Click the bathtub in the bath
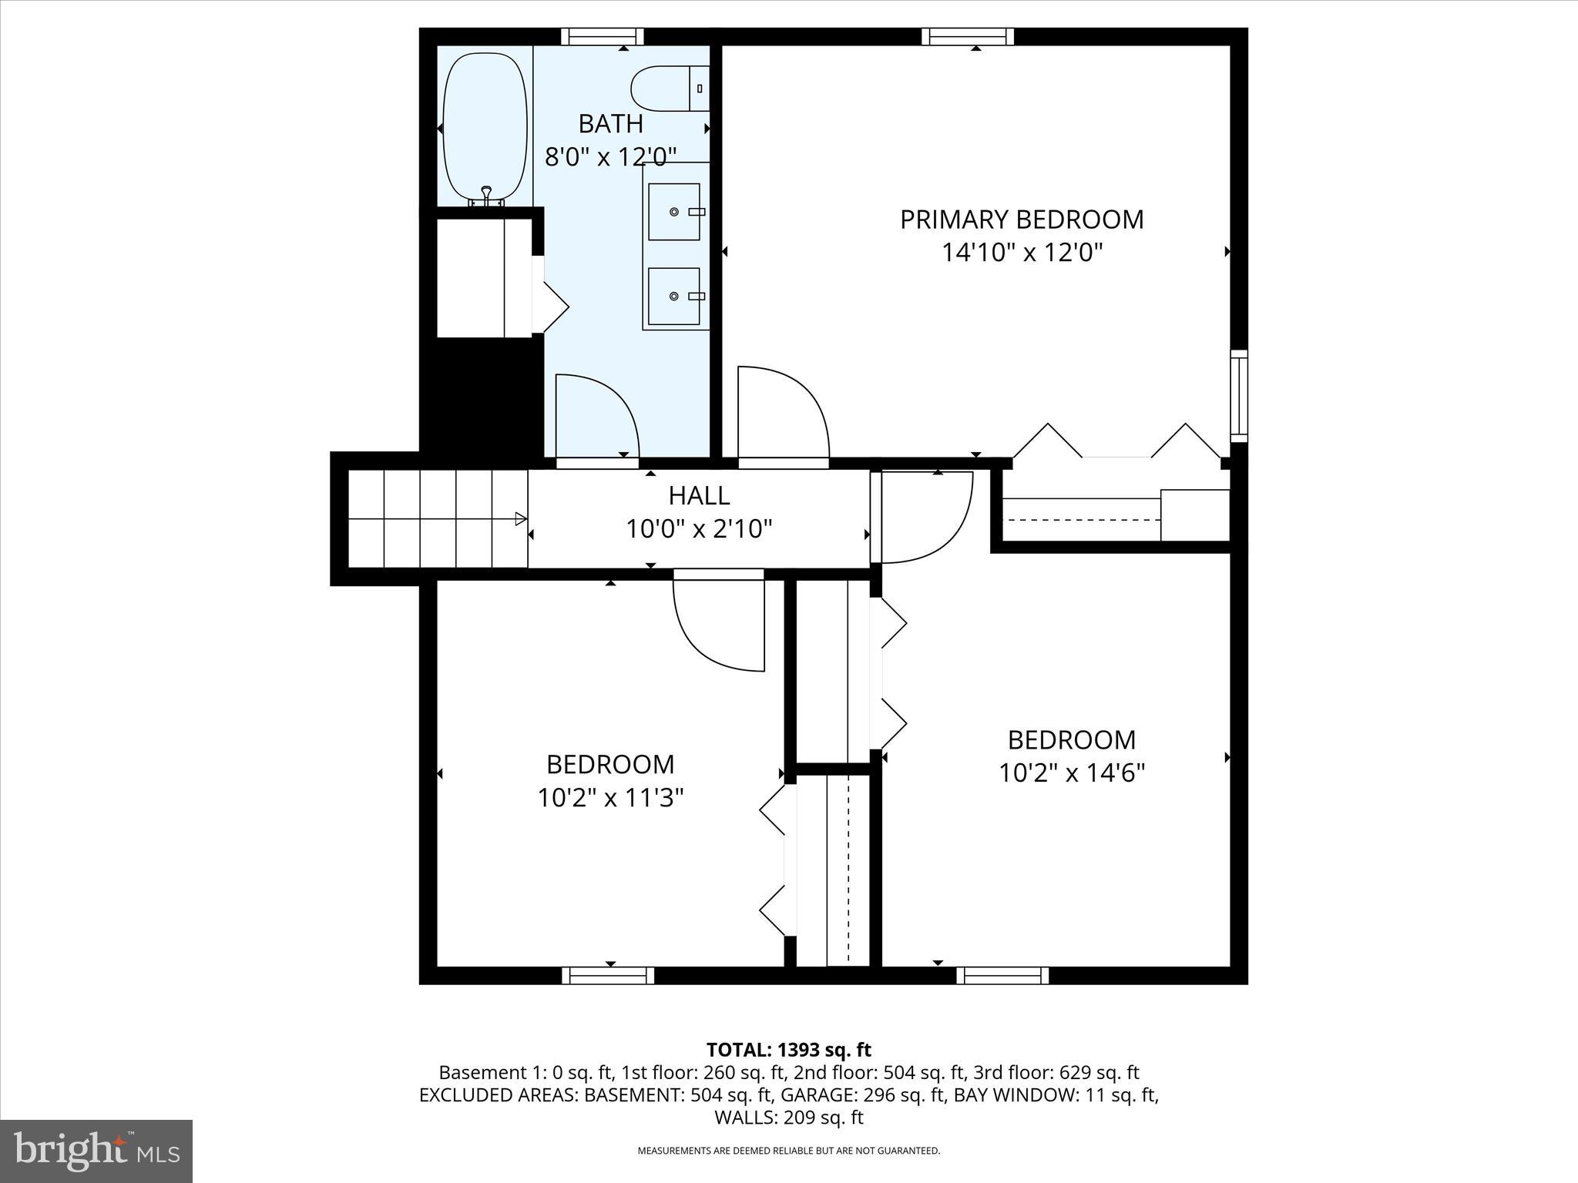point(485,127)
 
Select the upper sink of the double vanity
point(674,211)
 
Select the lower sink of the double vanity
point(674,296)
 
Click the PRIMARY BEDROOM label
point(1022,220)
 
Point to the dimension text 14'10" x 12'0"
point(1022,253)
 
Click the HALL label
point(699,495)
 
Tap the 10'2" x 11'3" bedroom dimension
point(610,798)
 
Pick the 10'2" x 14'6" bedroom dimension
point(1072,772)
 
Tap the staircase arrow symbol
point(521,518)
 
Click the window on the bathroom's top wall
point(602,36)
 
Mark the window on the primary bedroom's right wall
point(1238,396)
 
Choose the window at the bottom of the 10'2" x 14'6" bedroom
point(1002,975)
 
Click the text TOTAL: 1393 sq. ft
point(788,1050)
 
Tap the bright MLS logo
point(96,1151)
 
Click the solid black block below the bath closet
point(482,397)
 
